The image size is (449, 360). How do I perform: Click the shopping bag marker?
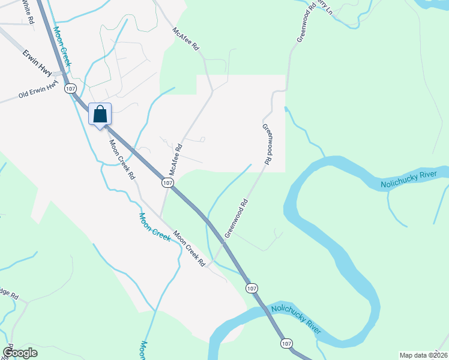[100, 115]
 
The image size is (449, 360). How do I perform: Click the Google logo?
[20, 352]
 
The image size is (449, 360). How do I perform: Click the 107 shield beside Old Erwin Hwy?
[71, 88]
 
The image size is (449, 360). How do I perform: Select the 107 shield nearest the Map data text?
[286, 343]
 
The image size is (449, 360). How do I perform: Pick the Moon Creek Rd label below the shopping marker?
[120, 160]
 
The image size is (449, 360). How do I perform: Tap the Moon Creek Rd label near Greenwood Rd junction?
[190, 248]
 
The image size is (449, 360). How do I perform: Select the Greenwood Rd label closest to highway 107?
[237, 218]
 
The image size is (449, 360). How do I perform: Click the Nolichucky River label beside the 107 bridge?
[296, 319]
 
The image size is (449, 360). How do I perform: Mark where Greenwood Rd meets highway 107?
[224, 242]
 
